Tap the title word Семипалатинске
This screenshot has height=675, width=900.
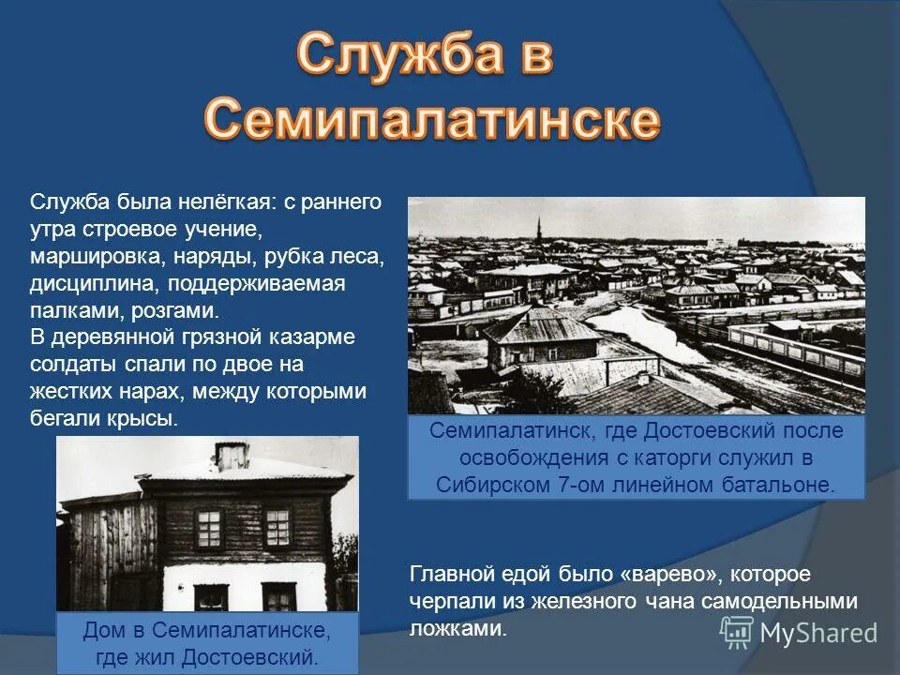click(432, 120)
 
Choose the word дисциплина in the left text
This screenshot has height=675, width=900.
click(86, 282)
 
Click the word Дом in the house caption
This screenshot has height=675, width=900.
click(105, 629)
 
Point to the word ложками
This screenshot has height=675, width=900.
click(457, 629)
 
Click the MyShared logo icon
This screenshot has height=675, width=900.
click(736, 632)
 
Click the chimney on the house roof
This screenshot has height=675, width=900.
click(232, 456)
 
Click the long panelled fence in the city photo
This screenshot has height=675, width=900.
click(797, 351)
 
